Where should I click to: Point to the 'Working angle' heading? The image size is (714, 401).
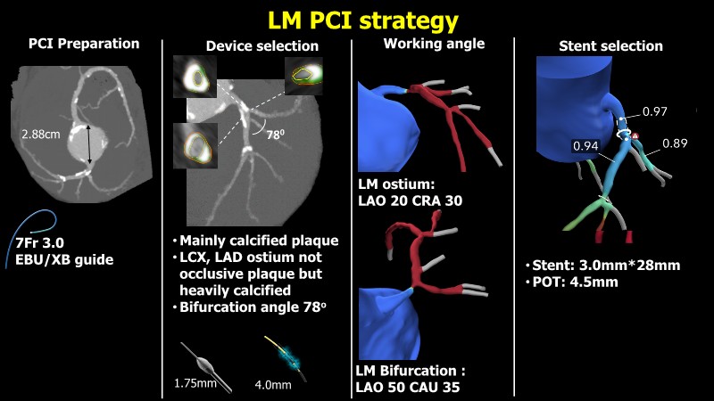(x=434, y=43)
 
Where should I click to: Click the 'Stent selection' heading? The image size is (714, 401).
(x=610, y=45)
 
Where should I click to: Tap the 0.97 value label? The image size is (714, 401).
(x=654, y=112)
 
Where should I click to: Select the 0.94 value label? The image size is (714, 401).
(x=585, y=145)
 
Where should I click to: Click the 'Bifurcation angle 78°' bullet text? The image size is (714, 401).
(x=253, y=307)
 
